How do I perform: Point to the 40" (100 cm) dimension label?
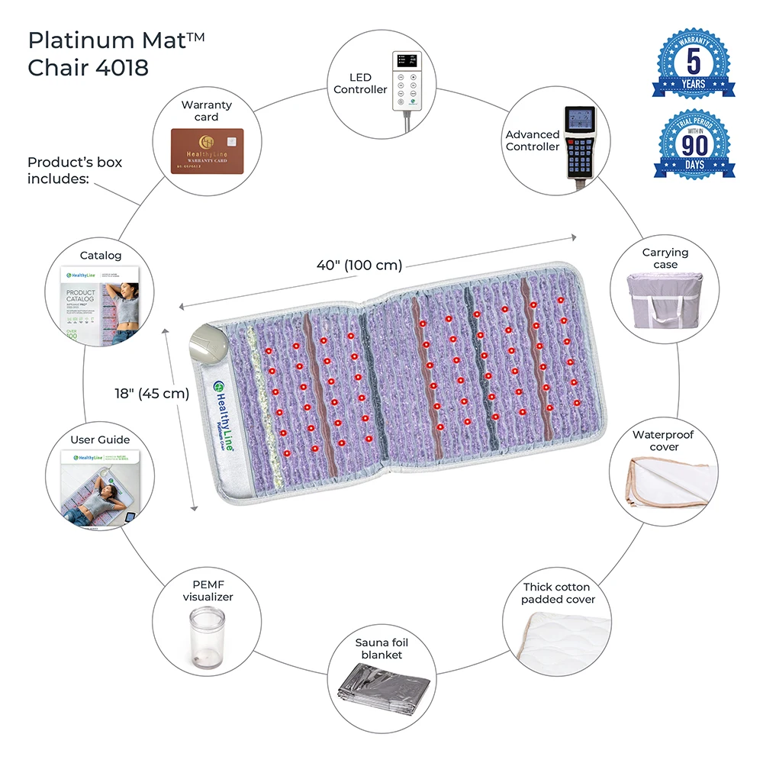(359, 266)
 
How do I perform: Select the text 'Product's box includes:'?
(75, 170)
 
